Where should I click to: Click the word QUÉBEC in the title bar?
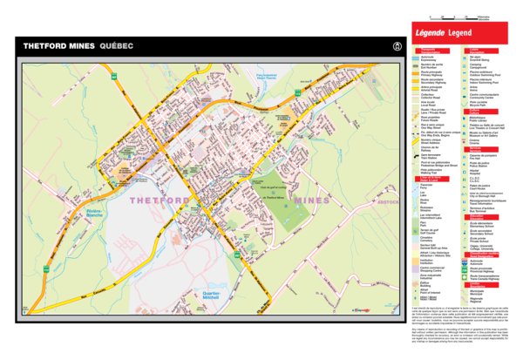coord(116,45)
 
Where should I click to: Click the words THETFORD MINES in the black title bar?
coord(59,45)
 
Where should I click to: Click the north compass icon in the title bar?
coord(397,45)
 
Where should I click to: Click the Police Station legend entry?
coord(479,140)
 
